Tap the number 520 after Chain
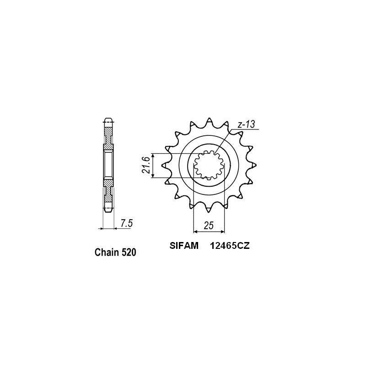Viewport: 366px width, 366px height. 128,252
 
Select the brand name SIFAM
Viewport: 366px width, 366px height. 181,246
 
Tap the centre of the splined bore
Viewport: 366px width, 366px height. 209,165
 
